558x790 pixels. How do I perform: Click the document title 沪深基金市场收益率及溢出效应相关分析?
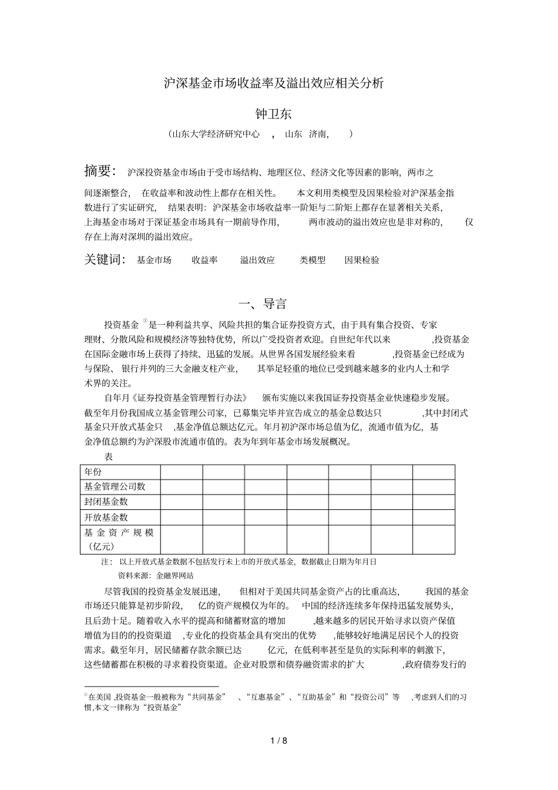[x=273, y=83]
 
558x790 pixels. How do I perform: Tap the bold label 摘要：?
[x=100, y=172]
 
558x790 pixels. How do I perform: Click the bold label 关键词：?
[x=105, y=260]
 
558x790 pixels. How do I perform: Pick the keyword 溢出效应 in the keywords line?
[x=257, y=260]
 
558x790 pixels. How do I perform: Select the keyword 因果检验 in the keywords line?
[x=362, y=260]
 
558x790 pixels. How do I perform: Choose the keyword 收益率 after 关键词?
[x=204, y=260]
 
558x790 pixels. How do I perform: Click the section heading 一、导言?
[x=263, y=304]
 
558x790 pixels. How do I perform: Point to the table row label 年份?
[x=93, y=472]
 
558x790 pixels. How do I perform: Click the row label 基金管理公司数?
[x=115, y=486]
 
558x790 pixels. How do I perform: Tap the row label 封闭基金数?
[x=106, y=502]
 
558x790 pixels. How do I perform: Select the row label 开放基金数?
[x=106, y=517]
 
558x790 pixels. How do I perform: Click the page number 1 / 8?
[x=279, y=741]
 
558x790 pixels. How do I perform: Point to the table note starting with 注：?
[x=238, y=562]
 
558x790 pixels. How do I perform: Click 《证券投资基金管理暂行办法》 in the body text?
[x=186, y=398]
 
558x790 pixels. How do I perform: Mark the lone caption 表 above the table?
[x=108, y=456]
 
